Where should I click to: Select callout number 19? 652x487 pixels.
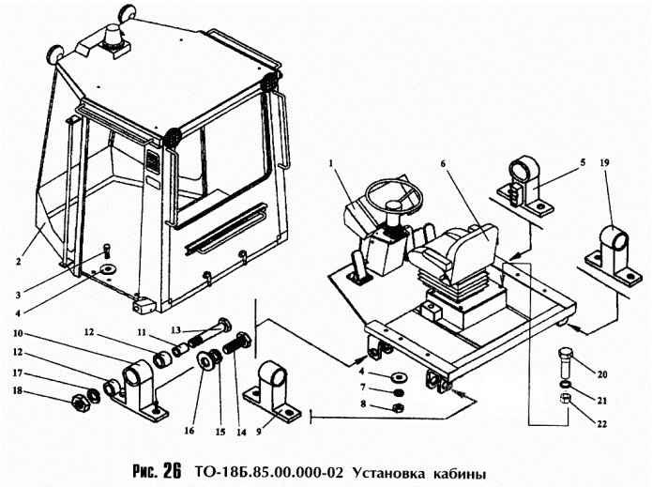tap(604, 162)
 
